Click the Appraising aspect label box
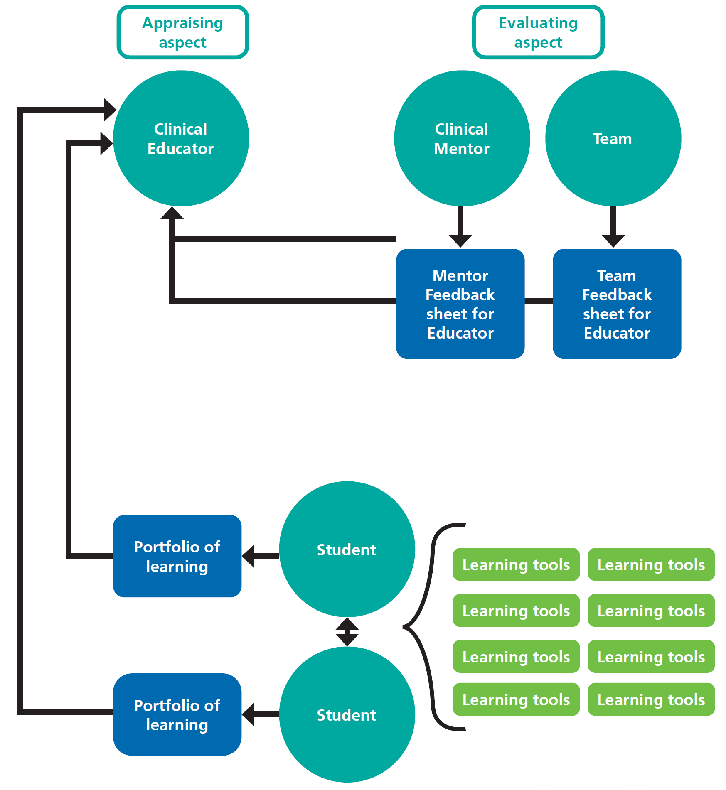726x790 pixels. point(183,32)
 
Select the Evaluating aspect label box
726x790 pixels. point(538,32)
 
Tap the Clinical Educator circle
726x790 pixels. point(181,138)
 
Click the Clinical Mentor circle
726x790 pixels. point(462,138)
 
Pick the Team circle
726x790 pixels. point(613,138)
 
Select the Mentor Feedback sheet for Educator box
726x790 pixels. point(460,304)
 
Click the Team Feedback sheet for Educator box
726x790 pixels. point(617,304)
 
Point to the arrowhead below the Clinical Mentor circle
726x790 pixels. point(460,240)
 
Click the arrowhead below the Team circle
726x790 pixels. point(613,240)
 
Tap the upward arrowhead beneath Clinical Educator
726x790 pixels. point(172,213)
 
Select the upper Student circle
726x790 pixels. point(347,549)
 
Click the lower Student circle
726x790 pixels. point(347,714)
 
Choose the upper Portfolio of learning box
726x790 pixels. point(177,556)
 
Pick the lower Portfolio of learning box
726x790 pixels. point(177,714)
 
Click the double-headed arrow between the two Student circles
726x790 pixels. point(347,632)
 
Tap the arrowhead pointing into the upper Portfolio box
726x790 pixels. point(249,556)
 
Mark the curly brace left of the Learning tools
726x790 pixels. point(424,626)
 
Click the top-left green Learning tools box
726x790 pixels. point(516,564)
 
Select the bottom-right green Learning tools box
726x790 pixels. point(651,699)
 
